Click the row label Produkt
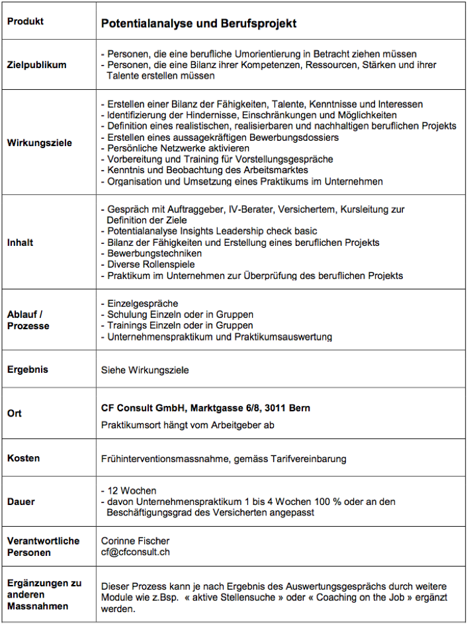pyautogui.click(x=25, y=21)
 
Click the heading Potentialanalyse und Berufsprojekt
pyautogui.click(x=198, y=24)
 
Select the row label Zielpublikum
pyautogui.click(x=36, y=65)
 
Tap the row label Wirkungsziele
pyautogui.click(x=39, y=143)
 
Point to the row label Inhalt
pyautogui.click(x=20, y=243)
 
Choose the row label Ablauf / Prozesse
pyautogui.click(x=28, y=320)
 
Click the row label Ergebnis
pyautogui.click(x=28, y=370)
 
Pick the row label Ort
pyautogui.click(x=15, y=413)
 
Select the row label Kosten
pyautogui.click(x=23, y=458)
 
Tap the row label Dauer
pyautogui.click(x=21, y=502)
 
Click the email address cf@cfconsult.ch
pyautogui.click(x=135, y=552)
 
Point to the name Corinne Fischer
pyautogui.click(x=135, y=541)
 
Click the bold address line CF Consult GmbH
pyautogui.click(x=205, y=409)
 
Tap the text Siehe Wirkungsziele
pyautogui.click(x=145, y=370)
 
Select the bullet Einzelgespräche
pyautogui.click(x=142, y=303)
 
